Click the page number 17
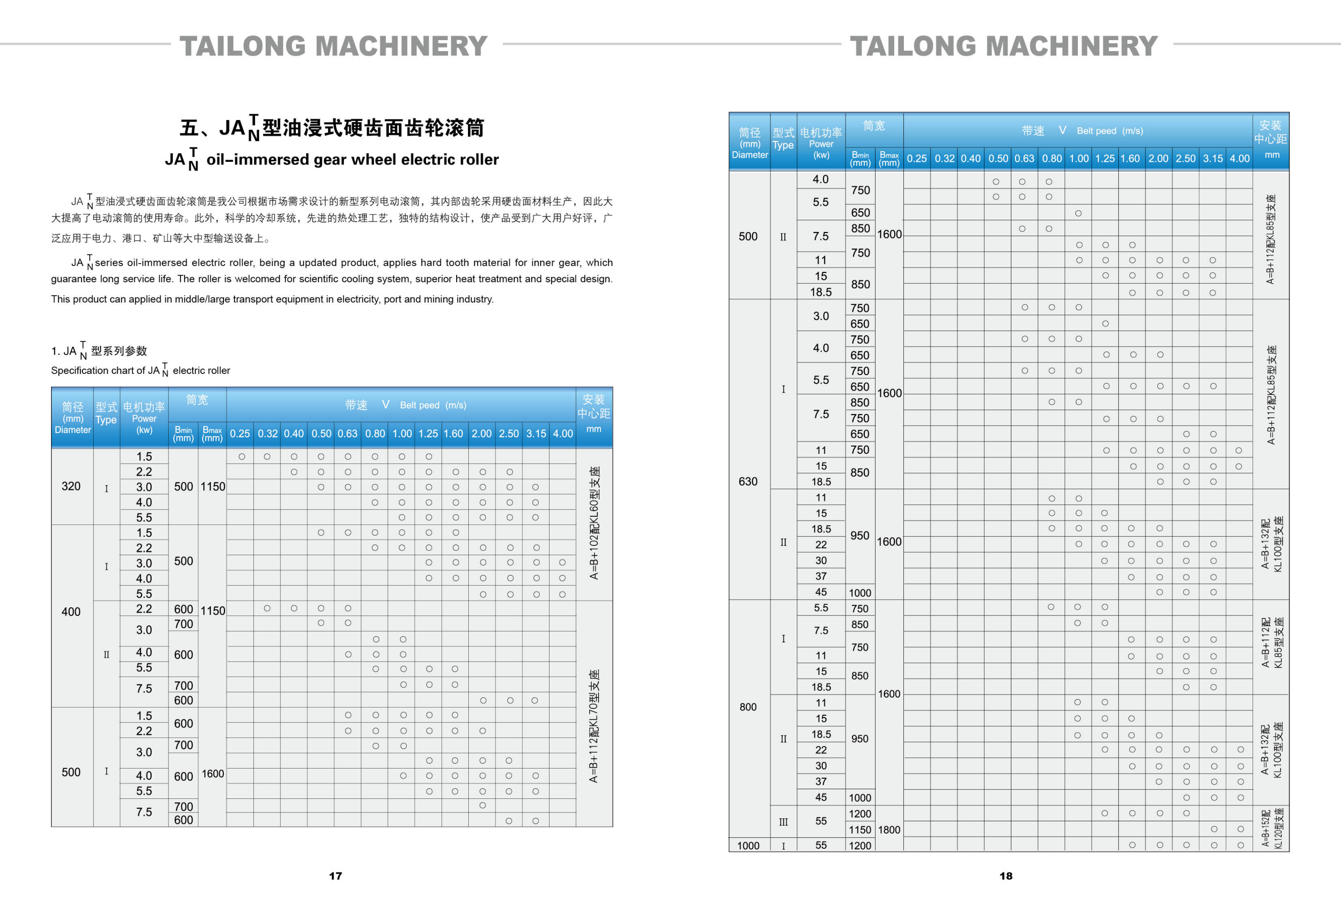(x=335, y=876)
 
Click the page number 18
(x=1006, y=876)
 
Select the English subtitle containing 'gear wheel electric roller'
(x=332, y=160)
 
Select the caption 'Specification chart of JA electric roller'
(x=140, y=371)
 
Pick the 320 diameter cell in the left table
(x=71, y=486)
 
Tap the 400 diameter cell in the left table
(x=71, y=612)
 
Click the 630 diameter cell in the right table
(x=748, y=481)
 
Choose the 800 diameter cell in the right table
(x=748, y=707)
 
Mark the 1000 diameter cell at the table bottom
(x=748, y=845)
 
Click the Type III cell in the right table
(x=783, y=822)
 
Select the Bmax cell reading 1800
(x=889, y=830)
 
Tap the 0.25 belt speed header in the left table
(x=239, y=433)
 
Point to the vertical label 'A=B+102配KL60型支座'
(x=594, y=523)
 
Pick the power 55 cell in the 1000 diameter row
(x=821, y=845)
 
